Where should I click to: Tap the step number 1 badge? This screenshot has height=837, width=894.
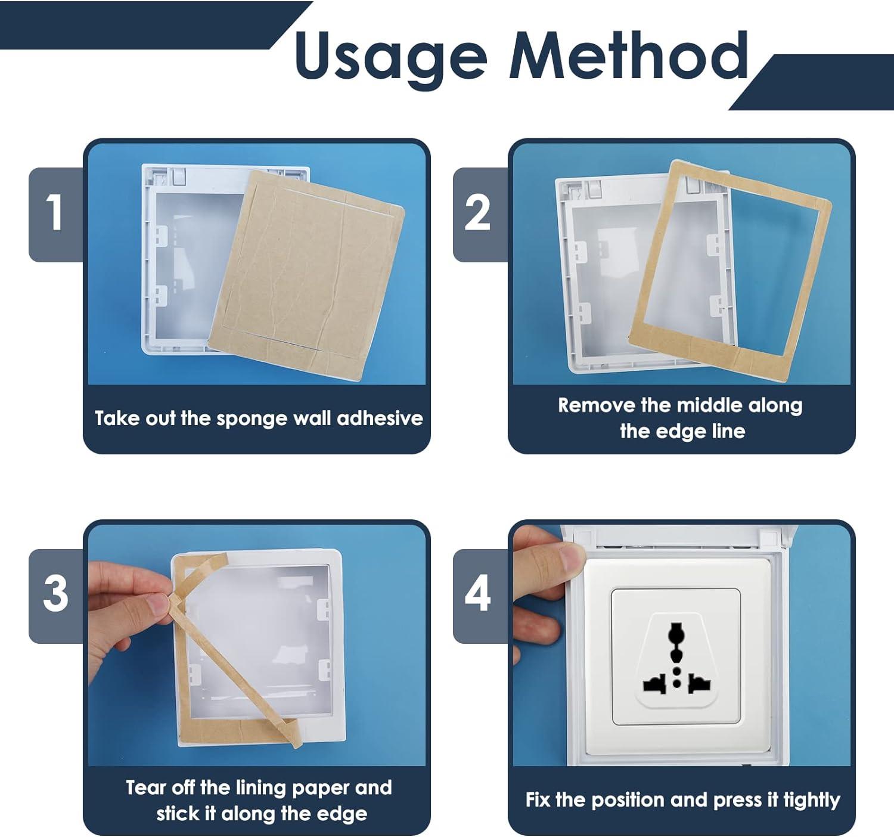pos(55,215)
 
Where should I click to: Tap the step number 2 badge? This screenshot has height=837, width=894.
pos(479,215)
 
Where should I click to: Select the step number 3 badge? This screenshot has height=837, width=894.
pos(55,596)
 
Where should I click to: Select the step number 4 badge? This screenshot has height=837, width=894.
pos(479,596)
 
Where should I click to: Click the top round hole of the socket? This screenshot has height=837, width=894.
pos(676,633)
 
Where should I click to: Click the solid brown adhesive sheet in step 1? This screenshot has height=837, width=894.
pos(306,275)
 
